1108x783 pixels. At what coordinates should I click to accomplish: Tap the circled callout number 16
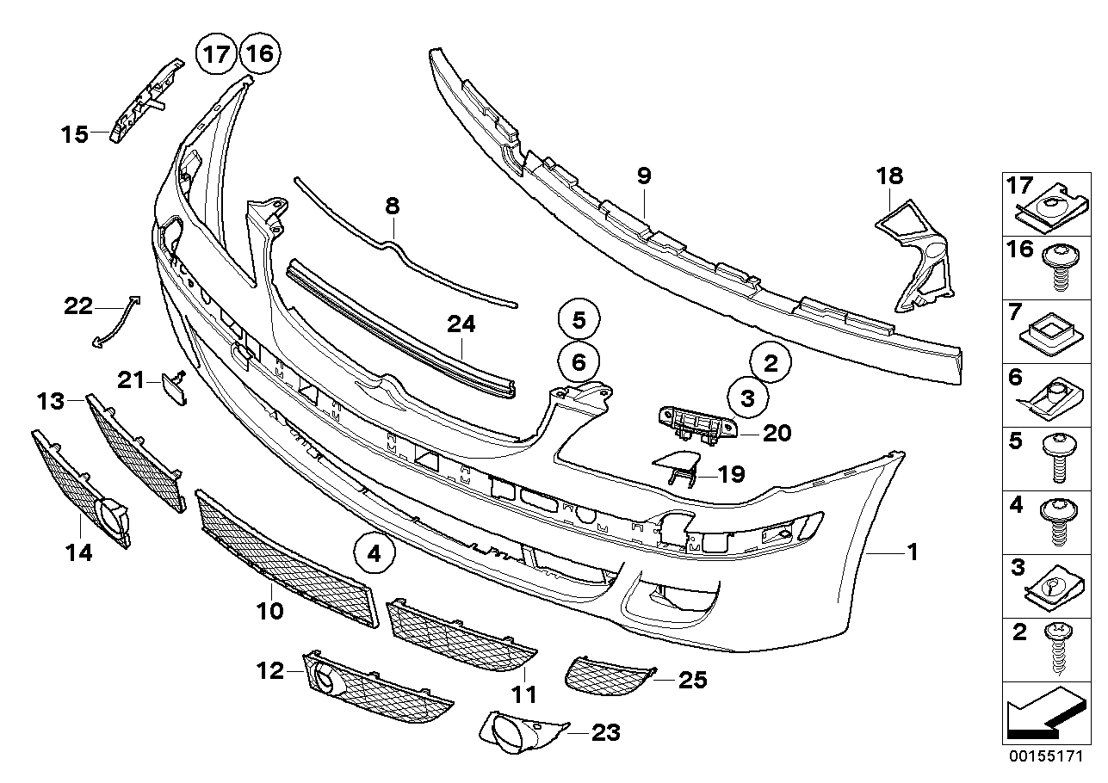tap(259, 55)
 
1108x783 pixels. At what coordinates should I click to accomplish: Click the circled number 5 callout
tap(579, 321)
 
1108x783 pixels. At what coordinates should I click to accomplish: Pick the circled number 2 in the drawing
tap(771, 362)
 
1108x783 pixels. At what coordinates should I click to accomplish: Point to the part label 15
tap(75, 134)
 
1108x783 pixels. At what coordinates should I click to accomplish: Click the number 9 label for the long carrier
tap(644, 176)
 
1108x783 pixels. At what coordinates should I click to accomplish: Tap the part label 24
tap(461, 324)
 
